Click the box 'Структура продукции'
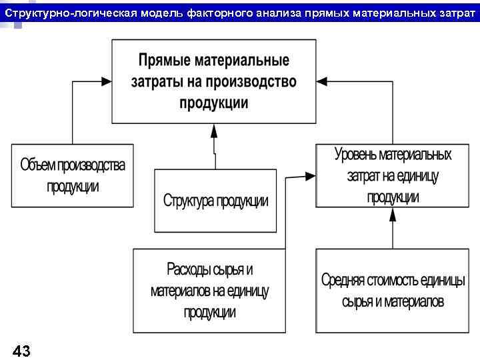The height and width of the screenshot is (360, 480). pyautogui.click(x=215, y=200)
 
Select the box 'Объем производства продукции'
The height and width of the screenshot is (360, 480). pyautogui.click(x=72, y=175)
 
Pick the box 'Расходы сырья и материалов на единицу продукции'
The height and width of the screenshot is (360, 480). pyautogui.click(x=209, y=291)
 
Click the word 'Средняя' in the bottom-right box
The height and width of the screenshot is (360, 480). pyautogui.click(x=345, y=280)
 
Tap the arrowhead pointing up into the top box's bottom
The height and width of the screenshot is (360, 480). pyautogui.click(x=214, y=130)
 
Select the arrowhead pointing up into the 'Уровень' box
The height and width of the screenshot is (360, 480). pyautogui.click(x=393, y=214)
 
